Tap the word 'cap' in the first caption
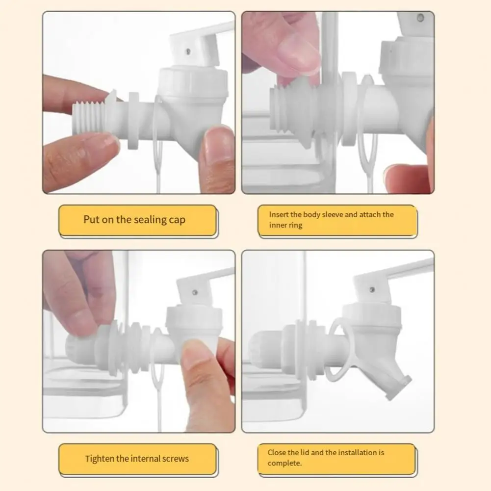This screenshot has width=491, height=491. click(x=177, y=220)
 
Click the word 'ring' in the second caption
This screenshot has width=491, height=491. click(x=296, y=226)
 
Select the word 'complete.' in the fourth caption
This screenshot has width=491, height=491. click(x=284, y=463)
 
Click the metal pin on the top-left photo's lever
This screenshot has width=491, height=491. click(x=188, y=51)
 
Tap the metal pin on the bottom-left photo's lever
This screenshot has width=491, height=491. click(x=194, y=292)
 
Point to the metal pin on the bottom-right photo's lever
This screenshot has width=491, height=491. click(x=372, y=289)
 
